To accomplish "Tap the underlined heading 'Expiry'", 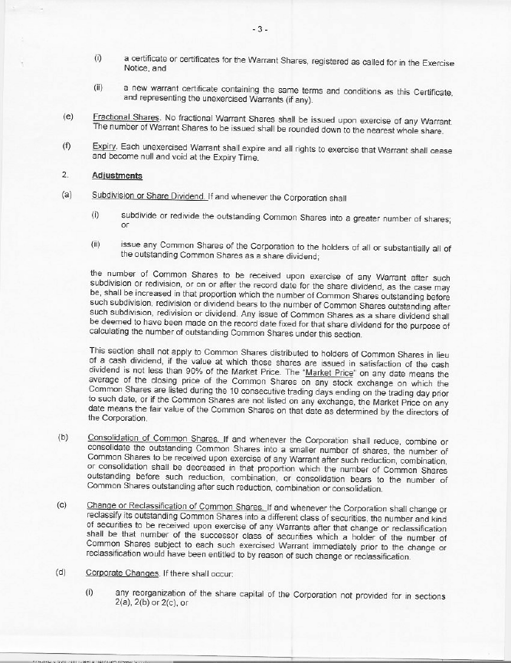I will pyautogui.click(x=103, y=146).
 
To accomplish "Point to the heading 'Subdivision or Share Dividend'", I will pyautogui.click(x=138, y=196).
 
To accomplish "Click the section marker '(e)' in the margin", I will pyautogui.click(x=67, y=117).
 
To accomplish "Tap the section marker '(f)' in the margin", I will pyautogui.click(x=67, y=146).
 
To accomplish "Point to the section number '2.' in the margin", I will pyautogui.click(x=66, y=176).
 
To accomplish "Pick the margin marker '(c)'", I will pyautogui.click(x=64, y=507).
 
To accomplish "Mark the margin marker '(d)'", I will pyautogui.click(x=64, y=573).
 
